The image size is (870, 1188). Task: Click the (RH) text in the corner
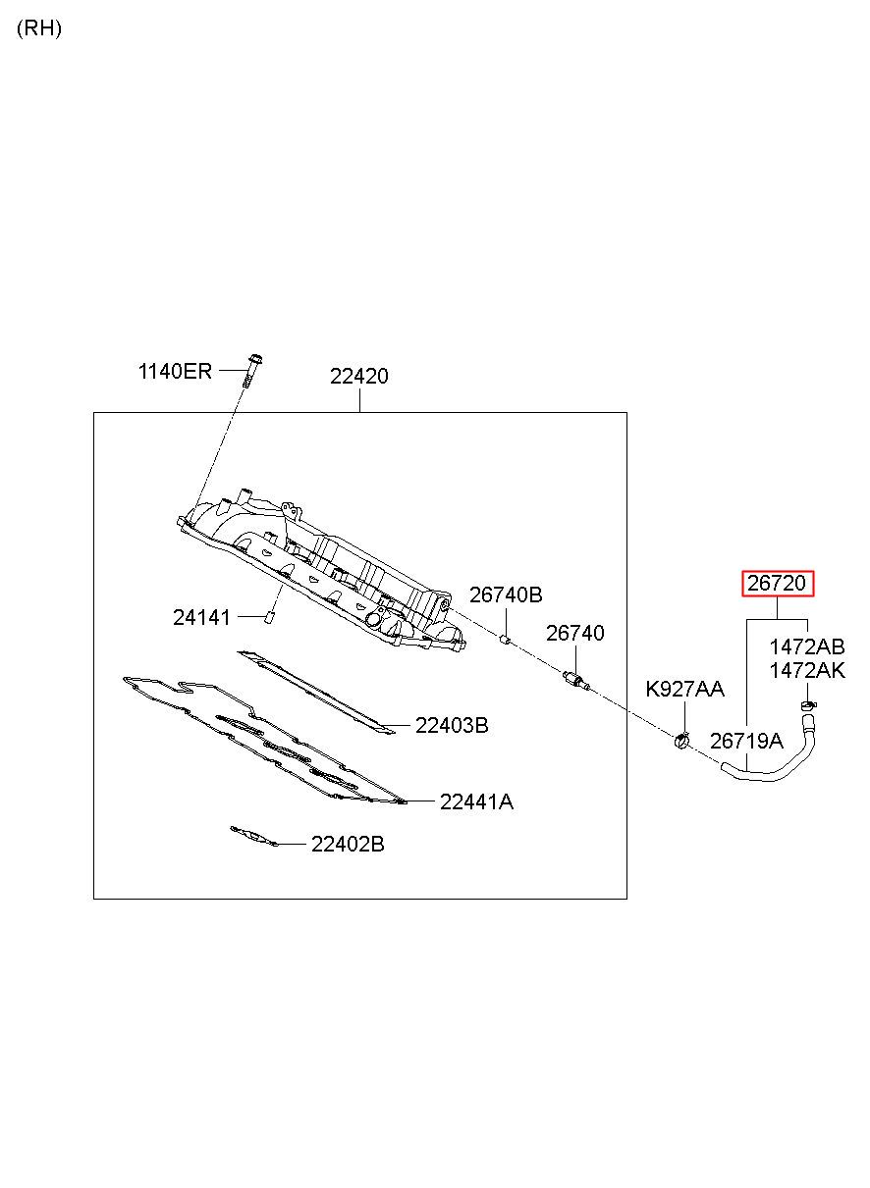click(39, 28)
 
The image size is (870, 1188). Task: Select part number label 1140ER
click(175, 371)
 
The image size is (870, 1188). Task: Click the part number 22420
click(358, 376)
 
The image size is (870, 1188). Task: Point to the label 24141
click(201, 617)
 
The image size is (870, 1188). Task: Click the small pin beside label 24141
click(270, 617)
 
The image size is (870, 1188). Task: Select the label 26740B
click(506, 595)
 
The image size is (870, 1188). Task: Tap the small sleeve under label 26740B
click(506, 639)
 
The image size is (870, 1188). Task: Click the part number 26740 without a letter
click(574, 634)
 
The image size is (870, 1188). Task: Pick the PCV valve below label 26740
click(576, 681)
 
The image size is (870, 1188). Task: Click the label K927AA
click(684, 689)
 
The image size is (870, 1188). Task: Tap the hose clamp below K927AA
click(682, 739)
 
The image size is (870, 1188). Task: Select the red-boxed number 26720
click(777, 584)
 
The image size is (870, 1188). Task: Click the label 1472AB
click(807, 647)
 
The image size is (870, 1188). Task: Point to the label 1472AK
click(807, 671)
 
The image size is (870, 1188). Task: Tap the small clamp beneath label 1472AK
click(808, 704)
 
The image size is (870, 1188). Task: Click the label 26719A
click(746, 741)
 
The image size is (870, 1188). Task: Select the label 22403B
click(451, 725)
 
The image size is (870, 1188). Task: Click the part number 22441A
click(476, 801)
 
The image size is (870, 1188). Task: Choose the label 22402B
click(348, 844)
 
